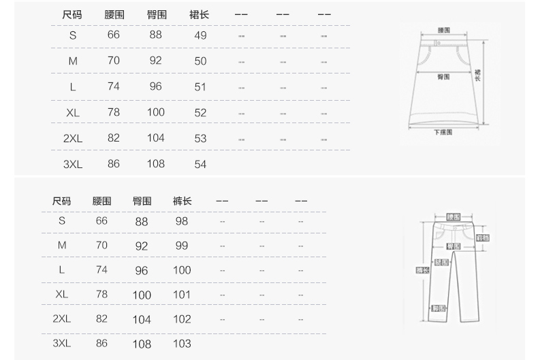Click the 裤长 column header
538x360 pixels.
click(182, 201)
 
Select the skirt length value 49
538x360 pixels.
click(200, 35)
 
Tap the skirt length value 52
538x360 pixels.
click(200, 113)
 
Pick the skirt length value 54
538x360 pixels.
click(200, 165)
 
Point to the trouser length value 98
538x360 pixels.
click(181, 221)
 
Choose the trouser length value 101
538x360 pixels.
click(182, 295)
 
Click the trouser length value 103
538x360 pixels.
click(182, 344)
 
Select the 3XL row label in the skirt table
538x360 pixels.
click(73, 165)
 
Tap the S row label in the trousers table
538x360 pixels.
click(62, 221)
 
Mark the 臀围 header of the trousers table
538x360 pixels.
click(142, 201)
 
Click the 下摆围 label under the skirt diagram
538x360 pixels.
click(443, 133)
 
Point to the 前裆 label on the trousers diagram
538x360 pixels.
click(483, 238)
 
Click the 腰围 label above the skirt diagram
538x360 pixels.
click(443, 31)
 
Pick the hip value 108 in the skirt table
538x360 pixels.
click(155, 164)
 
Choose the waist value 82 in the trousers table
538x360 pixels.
click(101, 318)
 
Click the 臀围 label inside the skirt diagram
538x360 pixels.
click(443, 77)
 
